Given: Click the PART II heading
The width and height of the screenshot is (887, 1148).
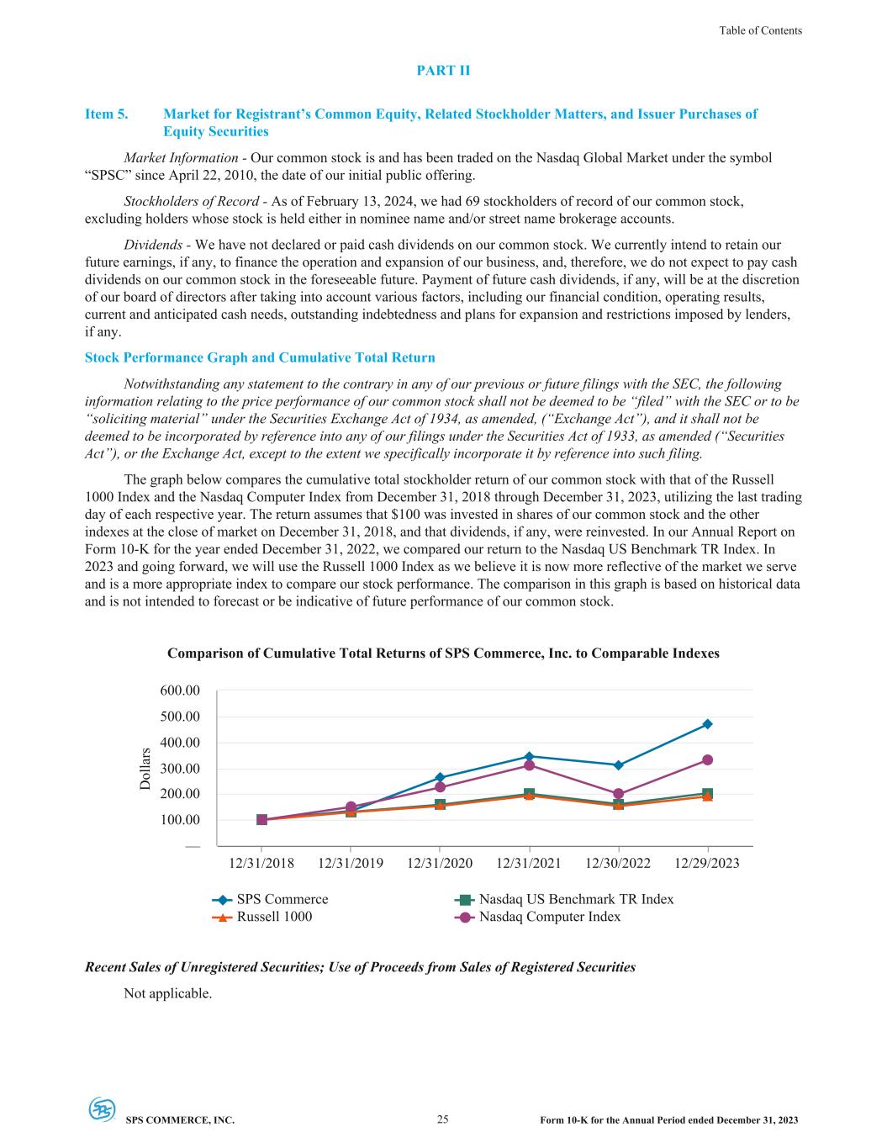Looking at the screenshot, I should [443, 71].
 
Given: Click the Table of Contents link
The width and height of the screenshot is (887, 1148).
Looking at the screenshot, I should [760, 30].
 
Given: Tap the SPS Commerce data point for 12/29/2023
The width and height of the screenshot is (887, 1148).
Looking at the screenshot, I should [707, 724].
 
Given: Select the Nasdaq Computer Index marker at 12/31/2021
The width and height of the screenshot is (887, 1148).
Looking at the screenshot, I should [529, 765].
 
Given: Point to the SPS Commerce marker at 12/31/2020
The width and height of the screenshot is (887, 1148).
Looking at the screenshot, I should [440, 778].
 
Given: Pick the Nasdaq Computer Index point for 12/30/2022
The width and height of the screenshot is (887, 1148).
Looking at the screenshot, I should [618, 794].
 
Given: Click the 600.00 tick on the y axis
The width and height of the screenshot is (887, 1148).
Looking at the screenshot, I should [180, 690].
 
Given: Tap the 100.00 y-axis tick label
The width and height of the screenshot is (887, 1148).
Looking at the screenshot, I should [180, 820].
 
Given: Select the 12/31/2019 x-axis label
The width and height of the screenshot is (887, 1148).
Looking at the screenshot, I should [351, 864].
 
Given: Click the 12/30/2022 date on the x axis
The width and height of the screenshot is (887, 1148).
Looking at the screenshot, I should [618, 864].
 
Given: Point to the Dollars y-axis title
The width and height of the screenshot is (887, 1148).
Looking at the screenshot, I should [145, 769].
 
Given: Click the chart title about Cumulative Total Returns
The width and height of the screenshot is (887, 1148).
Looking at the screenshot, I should [443, 653].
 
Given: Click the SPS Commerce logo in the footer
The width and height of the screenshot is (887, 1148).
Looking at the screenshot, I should [103, 1109].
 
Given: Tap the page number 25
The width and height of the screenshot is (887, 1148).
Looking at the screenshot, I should [443, 1119].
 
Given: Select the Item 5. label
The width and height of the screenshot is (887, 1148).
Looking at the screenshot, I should [107, 114].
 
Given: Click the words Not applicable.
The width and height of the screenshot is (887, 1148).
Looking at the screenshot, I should [168, 994].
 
